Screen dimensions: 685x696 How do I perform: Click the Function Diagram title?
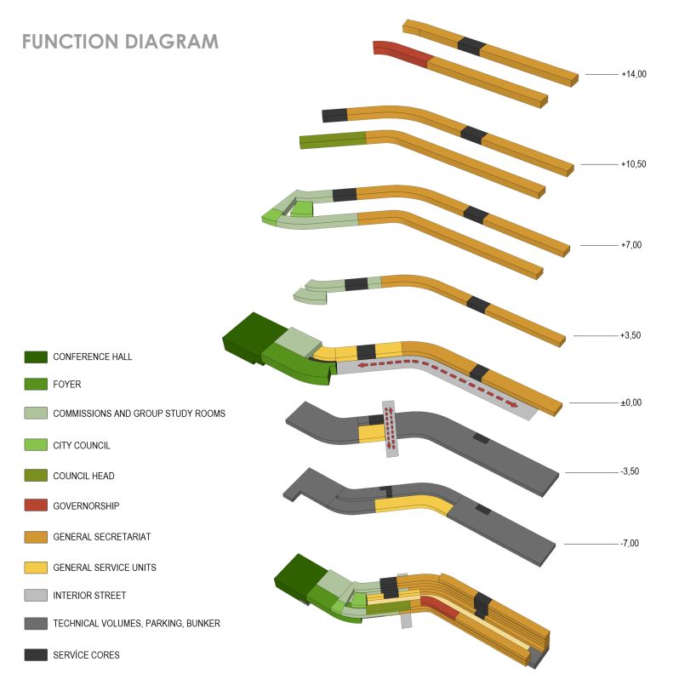(120, 41)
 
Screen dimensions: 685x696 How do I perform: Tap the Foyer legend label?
(67, 385)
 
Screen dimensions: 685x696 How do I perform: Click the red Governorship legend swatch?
(36, 505)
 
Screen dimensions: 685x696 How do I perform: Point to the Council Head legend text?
(83, 476)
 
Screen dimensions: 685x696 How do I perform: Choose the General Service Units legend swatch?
(36, 567)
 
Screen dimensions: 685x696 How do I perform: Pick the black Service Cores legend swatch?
(36, 654)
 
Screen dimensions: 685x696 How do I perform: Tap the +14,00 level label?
(634, 75)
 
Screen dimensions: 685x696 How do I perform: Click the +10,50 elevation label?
(634, 164)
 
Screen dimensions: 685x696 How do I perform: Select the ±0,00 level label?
(630, 402)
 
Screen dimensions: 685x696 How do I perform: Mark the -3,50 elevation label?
(631, 472)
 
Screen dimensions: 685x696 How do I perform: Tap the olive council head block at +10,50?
(333, 140)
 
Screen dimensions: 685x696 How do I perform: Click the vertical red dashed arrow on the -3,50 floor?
(390, 429)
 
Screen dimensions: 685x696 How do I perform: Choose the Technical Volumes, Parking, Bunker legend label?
(136, 624)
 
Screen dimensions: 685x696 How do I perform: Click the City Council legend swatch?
(36, 445)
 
